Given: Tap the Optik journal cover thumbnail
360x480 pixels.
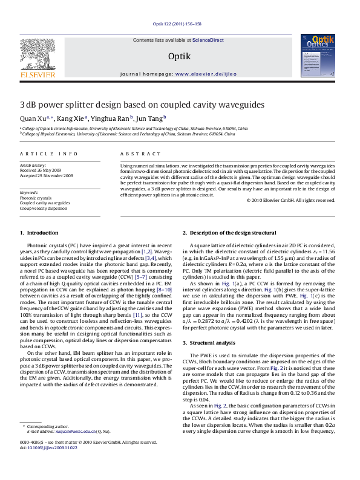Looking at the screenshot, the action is tap(323, 57).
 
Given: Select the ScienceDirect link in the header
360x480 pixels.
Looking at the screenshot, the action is tap(209, 40).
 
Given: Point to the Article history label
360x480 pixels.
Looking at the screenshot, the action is tap(34, 165).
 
